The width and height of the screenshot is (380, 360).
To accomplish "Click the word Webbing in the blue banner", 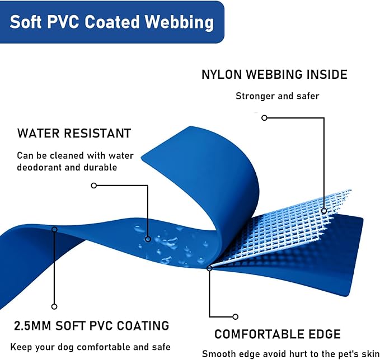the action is click(179, 22).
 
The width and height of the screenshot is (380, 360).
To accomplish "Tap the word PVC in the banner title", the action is click(63, 22).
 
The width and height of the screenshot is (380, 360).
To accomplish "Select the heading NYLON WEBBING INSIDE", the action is click(275, 74).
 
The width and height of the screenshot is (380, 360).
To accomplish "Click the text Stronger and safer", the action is click(278, 96).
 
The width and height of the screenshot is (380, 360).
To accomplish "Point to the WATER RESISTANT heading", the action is click(74, 133).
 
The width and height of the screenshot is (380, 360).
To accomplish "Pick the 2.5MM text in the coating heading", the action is click(32, 326).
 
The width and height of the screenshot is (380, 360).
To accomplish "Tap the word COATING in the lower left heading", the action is click(143, 326).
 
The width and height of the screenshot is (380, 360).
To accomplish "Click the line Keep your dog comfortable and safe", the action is click(91, 347).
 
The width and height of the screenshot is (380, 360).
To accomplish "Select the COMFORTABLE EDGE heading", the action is click(278, 334).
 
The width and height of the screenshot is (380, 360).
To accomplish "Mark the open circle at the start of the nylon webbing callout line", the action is click(264, 118).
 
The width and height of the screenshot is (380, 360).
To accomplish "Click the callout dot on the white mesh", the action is click(324, 211).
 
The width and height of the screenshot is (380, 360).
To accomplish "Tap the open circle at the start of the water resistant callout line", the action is click(94, 186).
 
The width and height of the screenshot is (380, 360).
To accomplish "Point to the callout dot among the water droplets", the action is click(148, 239).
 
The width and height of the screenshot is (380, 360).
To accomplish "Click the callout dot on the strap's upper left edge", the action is click(54, 229).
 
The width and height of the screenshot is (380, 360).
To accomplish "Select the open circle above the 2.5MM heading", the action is click(54, 307).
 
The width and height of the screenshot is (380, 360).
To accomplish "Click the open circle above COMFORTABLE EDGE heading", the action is click(235, 316).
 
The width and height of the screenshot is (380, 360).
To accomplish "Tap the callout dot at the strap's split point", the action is click(210, 268).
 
